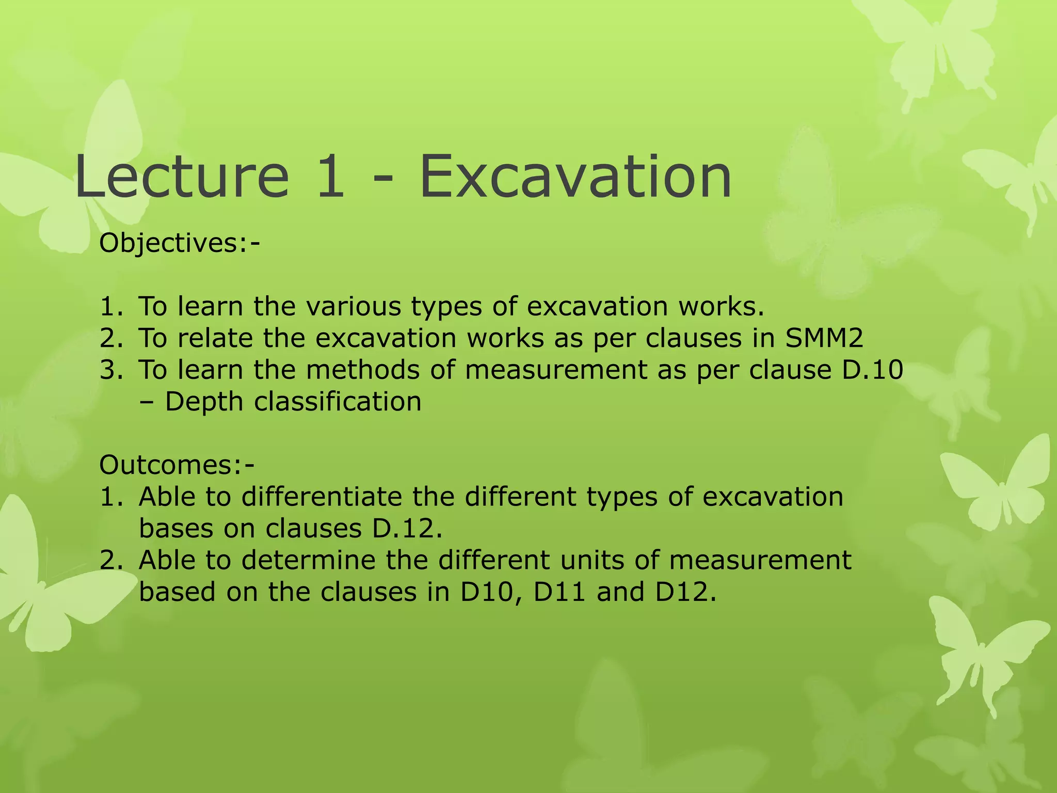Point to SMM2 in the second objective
tap(824, 338)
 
